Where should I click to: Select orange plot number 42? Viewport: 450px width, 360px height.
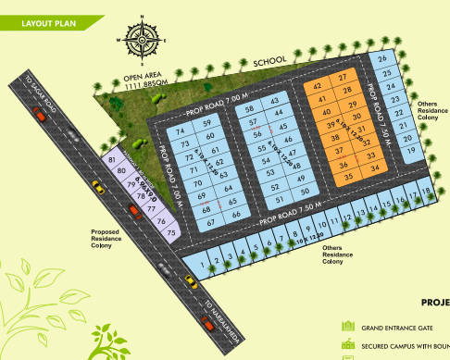click(x=320, y=85)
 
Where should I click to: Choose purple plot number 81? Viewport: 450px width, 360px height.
click(x=113, y=160)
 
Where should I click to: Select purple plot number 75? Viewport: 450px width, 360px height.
click(x=170, y=231)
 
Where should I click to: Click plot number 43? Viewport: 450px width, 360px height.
click(x=273, y=99)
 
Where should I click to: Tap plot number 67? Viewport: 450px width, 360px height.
click(x=211, y=222)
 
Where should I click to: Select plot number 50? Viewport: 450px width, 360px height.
click(x=306, y=191)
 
